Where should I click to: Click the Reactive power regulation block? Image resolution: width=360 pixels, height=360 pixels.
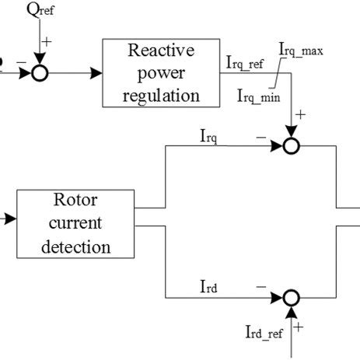162,74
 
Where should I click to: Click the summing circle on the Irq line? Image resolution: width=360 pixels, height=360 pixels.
291,145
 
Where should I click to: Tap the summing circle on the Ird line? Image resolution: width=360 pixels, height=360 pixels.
291,297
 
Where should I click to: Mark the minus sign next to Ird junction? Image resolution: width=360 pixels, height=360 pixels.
261,287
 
